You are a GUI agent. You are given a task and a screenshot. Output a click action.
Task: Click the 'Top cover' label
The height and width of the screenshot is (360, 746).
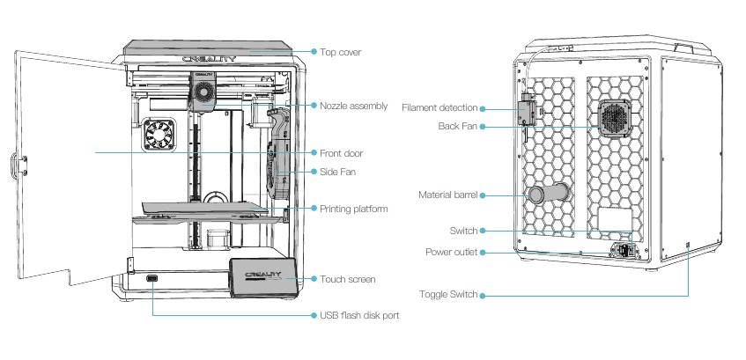(x=340, y=53)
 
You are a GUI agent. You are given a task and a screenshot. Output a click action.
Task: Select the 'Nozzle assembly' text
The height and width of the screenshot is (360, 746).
(x=353, y=106)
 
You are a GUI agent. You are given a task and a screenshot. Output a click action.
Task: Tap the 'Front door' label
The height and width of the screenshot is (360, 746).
(x=342, y=153)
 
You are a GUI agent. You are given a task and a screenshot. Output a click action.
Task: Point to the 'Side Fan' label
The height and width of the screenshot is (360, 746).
(x=337, y=171)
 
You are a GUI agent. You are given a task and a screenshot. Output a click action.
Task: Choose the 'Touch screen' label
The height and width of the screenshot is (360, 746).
(x=348, y=280)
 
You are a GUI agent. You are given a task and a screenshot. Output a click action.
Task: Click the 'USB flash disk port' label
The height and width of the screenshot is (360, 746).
(x=359, y=314)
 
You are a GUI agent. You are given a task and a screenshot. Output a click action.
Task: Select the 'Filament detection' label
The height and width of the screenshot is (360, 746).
(x=439, y=108)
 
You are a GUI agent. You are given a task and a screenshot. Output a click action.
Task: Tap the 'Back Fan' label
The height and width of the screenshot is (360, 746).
(x=458, y=127)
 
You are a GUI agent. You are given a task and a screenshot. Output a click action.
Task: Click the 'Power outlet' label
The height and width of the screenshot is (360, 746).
(x=452, y=253)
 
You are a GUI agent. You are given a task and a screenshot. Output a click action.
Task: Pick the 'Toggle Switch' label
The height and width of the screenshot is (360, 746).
(x=450, y=295)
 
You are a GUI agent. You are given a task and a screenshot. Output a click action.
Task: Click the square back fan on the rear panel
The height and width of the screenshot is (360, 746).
(x=614, y=118)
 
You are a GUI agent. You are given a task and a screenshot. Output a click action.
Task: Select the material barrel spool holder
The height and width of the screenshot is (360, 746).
(x=546, y=195)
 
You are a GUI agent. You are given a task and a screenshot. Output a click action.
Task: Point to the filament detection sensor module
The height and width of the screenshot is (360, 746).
(x=528, y=111)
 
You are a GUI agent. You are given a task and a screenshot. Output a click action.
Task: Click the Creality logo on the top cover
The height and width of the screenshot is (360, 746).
(x=211, y=59)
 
